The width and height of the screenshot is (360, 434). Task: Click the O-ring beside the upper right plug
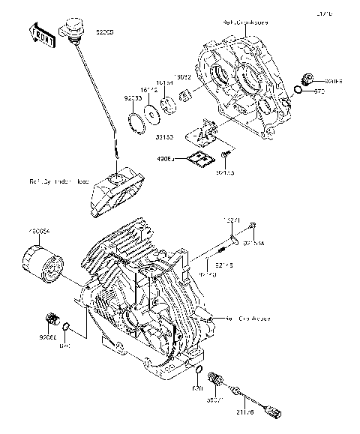point(298,91)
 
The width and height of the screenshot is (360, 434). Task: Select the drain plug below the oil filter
point(51,318)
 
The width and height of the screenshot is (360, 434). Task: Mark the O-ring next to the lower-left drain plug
point(67,326)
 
